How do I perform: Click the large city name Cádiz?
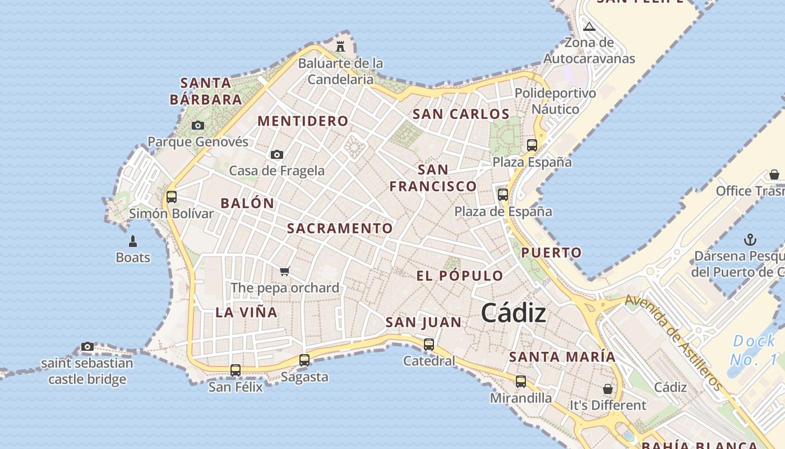pyautogui.click(x=513, y=313)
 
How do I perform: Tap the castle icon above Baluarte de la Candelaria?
pyautogui.click(x=340, y=46)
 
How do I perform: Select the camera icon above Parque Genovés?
pyautogui.click(x=197, y=126)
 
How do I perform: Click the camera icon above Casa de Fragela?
pyautogui.click(x=276, y=154)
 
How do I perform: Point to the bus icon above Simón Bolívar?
pyautogui.click(x=172, y=197)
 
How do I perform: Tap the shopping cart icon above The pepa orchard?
pyautogui.click(x=284, y=272)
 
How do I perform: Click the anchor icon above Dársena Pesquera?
pyautogui.click(x=750, y=240)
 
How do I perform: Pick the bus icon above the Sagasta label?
pyautogui.click(x=304, y=360)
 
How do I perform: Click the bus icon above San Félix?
pyautogui.click(x=235, y=370)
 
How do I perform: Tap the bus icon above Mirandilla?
pyautogui.click(x=521, y=382)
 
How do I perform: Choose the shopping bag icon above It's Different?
pyautogui.click(x=607, y=389)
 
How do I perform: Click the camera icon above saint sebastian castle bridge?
pyautogui.click(x=87, y=347)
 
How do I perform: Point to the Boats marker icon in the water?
pyautogui.click(x=133, y=241)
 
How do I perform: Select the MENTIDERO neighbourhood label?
pyautogui.click(x=303, y=121)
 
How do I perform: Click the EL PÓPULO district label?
pyautogui.click(x=460, y=276)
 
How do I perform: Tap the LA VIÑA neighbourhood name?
pyautogui.click(x=247, y=313)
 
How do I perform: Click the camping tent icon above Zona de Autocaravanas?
pyautogui.click(x=589, y=26)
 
